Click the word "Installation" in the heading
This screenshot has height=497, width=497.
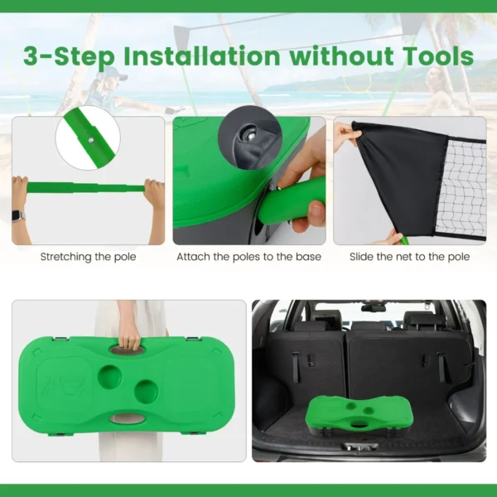201,56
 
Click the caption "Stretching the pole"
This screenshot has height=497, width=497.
88,257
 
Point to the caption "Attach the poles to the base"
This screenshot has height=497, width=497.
248,257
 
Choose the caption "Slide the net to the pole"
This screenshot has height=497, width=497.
409,257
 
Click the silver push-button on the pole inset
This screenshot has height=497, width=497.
91,139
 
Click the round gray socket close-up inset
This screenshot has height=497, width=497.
250,138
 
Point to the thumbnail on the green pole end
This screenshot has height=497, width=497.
316,209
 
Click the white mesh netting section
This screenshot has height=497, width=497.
461,188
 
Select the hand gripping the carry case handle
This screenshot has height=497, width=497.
129,340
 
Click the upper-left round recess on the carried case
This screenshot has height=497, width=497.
109,377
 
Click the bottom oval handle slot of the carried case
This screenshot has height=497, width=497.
128,418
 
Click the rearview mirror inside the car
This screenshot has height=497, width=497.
374,308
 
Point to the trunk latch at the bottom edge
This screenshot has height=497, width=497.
359,446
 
